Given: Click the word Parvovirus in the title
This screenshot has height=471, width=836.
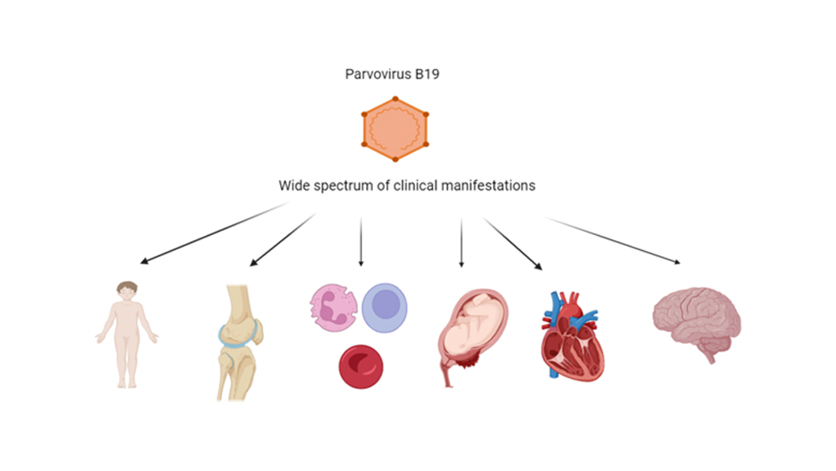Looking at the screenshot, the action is (x=378, y=74).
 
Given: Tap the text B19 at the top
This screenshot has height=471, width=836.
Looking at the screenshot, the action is (x=426, y=74).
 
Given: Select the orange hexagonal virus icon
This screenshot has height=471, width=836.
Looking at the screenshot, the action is (x=395, y=129).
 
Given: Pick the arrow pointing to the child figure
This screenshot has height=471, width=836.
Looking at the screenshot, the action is (x=214, y=233).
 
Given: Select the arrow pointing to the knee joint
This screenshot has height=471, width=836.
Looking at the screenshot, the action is (x=283, y=239).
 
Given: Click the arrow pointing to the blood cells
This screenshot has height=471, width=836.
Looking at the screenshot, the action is (x=361, y=242).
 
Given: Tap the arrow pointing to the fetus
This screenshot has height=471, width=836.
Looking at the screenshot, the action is (x=461, y=242).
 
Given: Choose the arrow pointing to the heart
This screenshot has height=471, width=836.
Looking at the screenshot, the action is (x=513, y=243).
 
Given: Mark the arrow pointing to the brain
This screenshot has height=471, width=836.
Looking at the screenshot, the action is (x=613, y=241).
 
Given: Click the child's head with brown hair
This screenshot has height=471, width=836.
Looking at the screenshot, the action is (x=127, y=290).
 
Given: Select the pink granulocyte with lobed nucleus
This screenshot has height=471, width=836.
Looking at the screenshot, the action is (x=334, y=308).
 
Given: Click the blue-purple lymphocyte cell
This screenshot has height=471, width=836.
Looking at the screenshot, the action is (x=385, y=308).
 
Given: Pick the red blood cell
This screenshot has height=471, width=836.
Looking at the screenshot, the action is (x=361, y=366).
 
